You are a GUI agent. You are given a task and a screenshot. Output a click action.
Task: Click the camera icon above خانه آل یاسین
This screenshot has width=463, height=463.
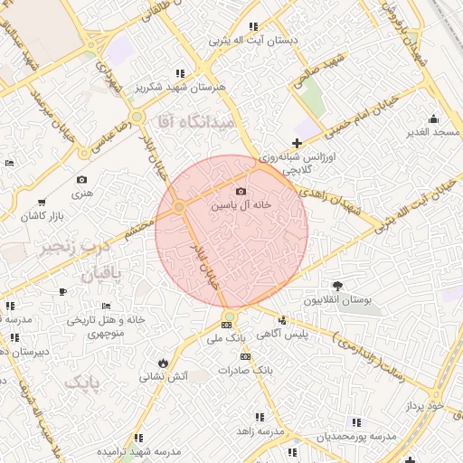(x=241, y=191)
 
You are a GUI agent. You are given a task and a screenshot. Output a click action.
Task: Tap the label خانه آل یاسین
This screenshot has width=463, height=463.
(x=241, y=206)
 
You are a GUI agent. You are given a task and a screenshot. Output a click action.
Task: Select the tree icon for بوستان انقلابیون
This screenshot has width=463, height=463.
(x=338, y=286)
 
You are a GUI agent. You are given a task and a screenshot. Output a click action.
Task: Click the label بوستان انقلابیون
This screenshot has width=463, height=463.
(x=338, y=300)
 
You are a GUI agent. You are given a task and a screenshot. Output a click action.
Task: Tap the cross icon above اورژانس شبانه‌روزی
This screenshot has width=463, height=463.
(x=298, y=143)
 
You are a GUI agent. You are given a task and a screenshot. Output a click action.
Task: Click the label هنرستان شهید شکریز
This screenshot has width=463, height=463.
(x=181, y=88)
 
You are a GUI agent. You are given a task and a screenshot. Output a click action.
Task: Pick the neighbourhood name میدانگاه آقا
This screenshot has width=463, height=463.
(x=194, y=119)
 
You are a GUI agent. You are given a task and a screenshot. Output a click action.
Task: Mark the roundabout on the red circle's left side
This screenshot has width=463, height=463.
(x=179, y=208)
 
